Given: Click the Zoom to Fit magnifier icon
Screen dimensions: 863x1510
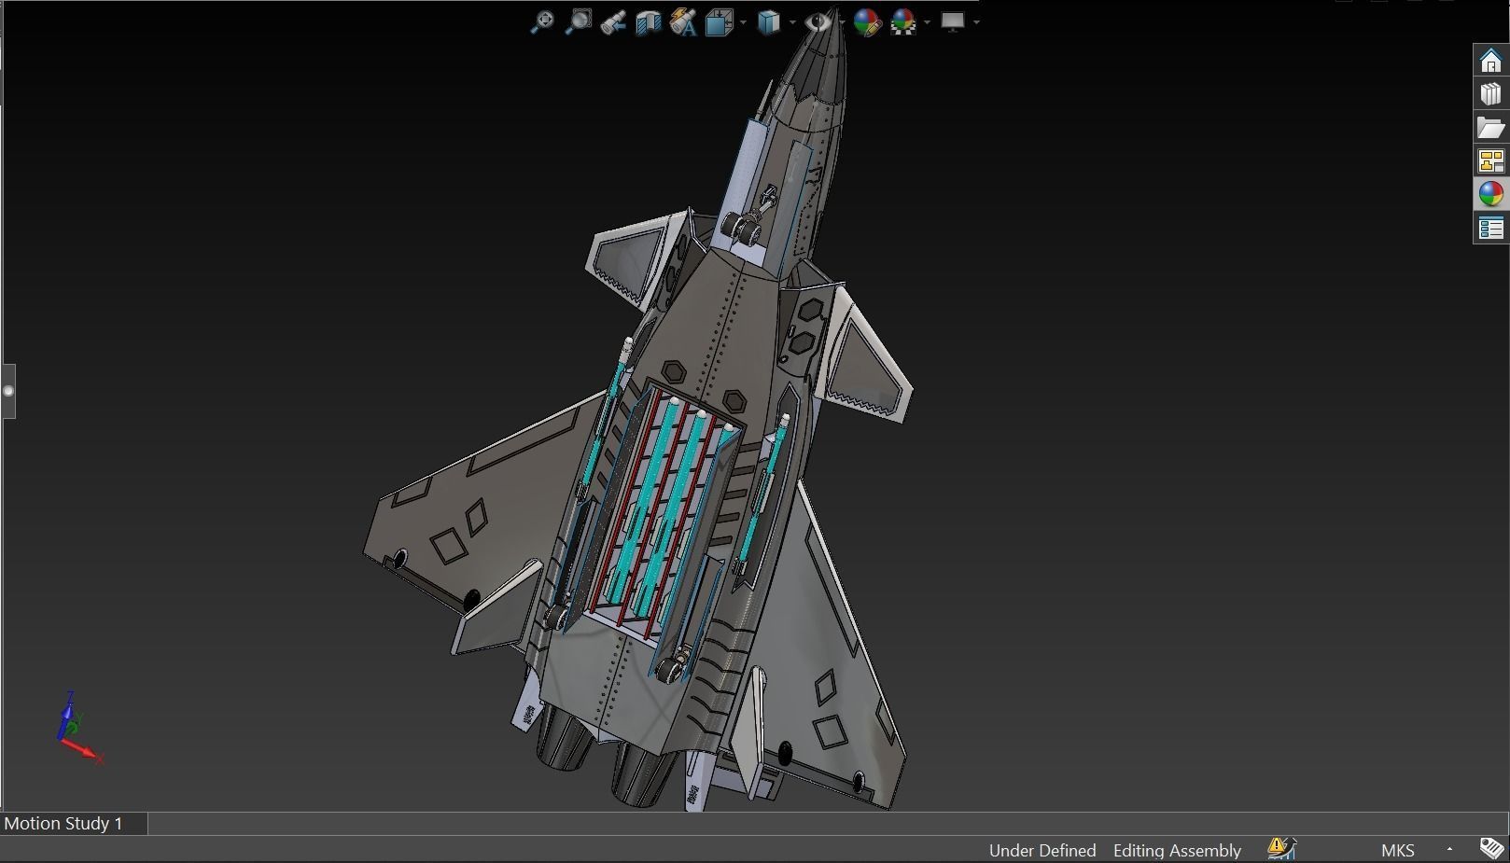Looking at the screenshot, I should point(541,22).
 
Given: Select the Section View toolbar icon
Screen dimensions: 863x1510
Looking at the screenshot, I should point(648,22).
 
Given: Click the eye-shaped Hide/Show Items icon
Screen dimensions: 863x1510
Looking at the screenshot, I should point(818,21).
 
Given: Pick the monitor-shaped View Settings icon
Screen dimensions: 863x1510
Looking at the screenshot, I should point(952,21).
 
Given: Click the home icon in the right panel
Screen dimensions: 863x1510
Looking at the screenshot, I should point(1490,61).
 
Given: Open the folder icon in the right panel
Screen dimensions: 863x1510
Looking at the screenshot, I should point(1490,128).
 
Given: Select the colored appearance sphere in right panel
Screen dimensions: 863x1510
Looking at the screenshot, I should point(1490,194).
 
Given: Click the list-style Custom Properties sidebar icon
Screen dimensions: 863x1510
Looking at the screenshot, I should point(1490,229).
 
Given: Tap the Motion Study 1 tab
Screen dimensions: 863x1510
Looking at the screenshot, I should point(63,823).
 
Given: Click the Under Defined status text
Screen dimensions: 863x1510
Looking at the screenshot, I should point(1042,850).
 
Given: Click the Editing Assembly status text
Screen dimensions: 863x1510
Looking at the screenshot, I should point(1176,850).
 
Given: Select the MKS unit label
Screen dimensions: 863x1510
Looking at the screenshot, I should point(1397,850).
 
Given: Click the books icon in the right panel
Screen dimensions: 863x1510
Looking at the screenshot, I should point(1490,94).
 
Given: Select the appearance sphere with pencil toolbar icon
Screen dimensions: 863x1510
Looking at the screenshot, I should point(866,22).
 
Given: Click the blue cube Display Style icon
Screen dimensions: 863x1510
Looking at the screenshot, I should point(768,22).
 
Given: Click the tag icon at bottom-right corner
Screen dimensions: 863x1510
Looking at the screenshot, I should point(1491,848).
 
